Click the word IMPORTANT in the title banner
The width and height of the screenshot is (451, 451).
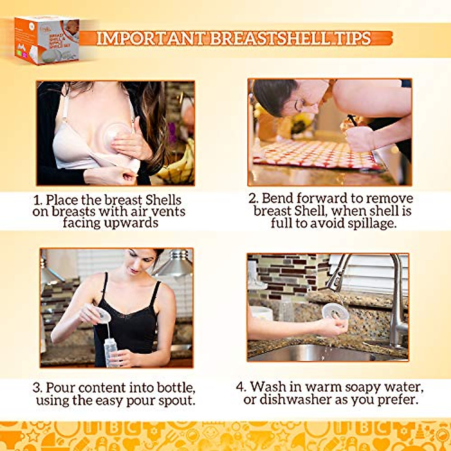point(150,38)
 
